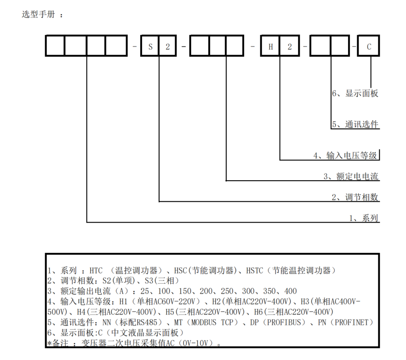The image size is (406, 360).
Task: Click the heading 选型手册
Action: pos(38,14)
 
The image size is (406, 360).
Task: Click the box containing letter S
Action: pos(150,46)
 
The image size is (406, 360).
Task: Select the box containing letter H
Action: pos(271,46)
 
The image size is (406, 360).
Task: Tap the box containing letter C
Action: pos(369,46)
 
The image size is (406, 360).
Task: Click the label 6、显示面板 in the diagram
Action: pos(355,93)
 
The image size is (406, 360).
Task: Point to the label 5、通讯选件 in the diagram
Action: pos(355,124)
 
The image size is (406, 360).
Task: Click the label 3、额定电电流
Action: pos(351,177)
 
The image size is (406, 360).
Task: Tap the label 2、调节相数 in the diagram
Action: pos(355,197)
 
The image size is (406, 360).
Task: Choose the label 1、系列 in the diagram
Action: pos(364,218)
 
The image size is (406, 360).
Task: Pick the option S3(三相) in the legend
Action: pos(161,280)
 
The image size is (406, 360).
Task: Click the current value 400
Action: pos(291,291)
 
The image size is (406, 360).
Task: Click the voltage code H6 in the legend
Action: pos(259,312)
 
